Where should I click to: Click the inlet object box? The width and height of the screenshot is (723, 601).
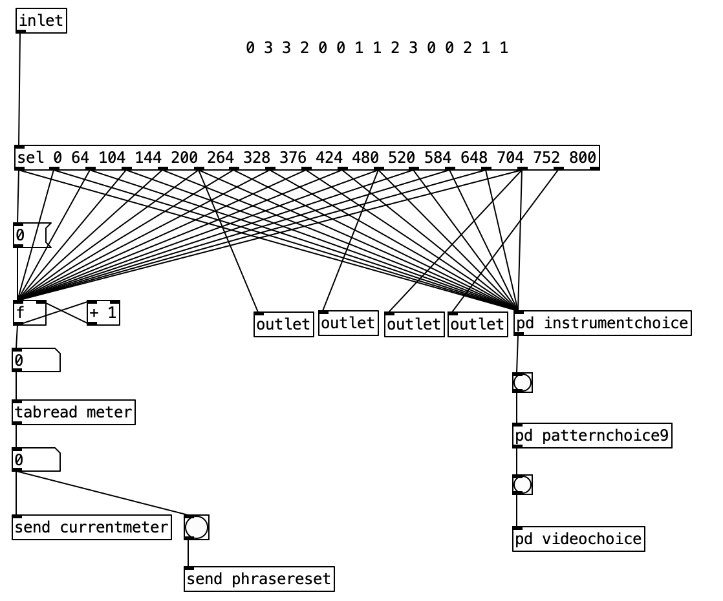[x=41, y=21]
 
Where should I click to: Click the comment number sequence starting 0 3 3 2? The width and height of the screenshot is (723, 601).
[x=377, y=48]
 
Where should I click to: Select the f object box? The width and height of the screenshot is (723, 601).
[x=29, y=313]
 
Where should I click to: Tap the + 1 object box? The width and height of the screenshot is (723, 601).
[x=103, y=313]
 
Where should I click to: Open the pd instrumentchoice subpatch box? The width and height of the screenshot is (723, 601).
[x=602, y=323]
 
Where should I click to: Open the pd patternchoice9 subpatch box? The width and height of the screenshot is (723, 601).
[x=592, y=436]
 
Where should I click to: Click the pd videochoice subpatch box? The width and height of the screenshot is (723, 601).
[x=578, y=539]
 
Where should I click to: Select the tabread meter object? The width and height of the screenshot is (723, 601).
[x=73, y=412]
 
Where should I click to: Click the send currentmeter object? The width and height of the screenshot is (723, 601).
[x=91, y=527]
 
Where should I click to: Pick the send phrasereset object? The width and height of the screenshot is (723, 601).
[x=259, y=579]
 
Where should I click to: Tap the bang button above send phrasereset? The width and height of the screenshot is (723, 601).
[x=197, y=527]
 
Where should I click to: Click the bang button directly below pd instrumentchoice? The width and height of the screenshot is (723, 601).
[x=522, y=383]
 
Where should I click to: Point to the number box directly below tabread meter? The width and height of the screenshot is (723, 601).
[x=36, y=459]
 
